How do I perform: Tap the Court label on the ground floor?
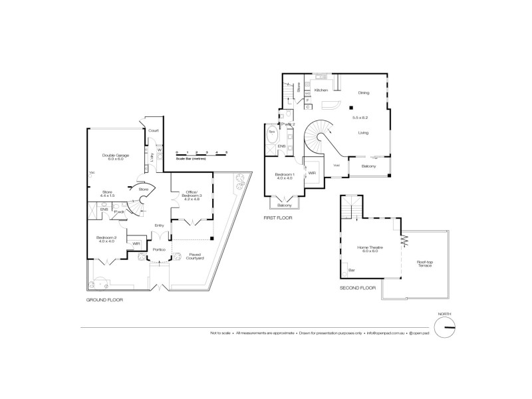pos(153,130)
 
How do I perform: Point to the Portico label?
pos(159,249)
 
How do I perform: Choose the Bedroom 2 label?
pos(106,239)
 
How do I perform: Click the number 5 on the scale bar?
pos(226,152)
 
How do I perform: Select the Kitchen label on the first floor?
pos(322,89)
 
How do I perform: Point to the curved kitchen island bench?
pos(331,105)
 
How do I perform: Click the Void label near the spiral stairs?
pos(336,165)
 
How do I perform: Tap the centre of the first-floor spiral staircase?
pos(324,138)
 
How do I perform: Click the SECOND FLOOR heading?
pos(357,288)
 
